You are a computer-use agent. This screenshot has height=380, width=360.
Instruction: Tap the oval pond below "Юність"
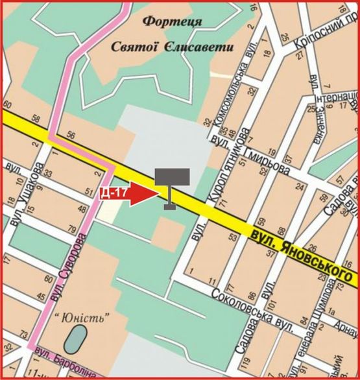tap(78, 338)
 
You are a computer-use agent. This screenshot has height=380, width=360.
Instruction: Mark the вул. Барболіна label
tap(66, 362)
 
